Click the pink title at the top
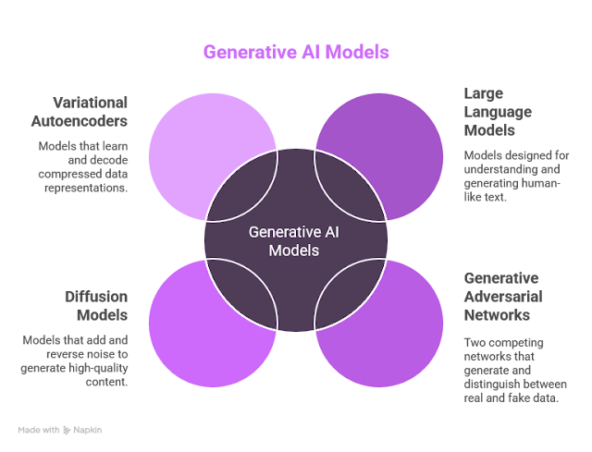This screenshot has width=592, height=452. [296, 53]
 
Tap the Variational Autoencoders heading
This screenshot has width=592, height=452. [83, 112]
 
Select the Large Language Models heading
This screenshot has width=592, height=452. [500, 112]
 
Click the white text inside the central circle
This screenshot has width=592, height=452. [296, 242]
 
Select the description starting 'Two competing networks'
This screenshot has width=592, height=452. [514, 370]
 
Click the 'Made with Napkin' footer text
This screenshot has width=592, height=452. [57, 431]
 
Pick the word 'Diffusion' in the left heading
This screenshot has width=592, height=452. [96, 297]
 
